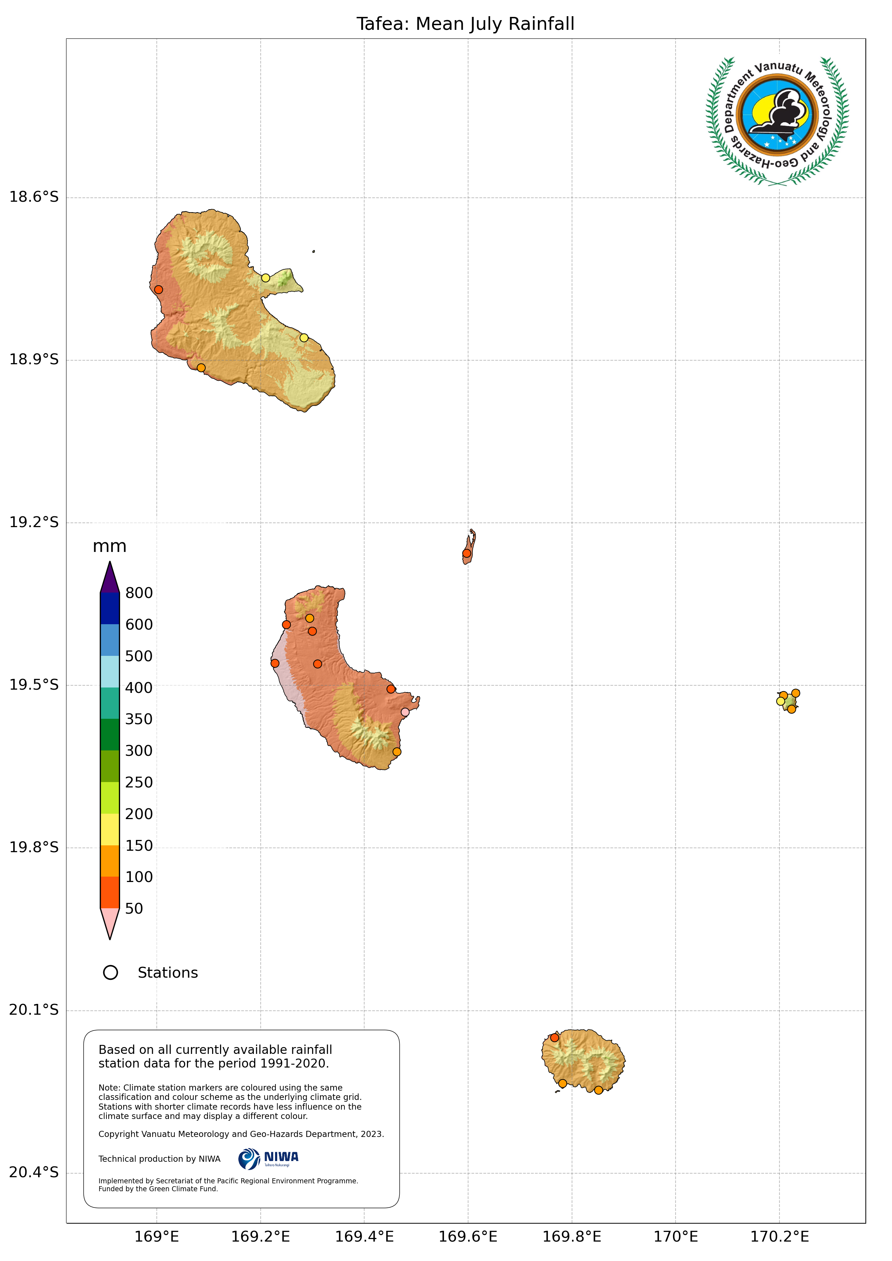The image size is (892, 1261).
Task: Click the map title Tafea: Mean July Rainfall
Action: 465,24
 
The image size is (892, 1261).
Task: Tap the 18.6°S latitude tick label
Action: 33,197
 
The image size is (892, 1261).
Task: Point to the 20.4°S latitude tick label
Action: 33,1172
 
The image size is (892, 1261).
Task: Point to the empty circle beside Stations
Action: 110,973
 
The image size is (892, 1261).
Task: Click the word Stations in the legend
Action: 168,973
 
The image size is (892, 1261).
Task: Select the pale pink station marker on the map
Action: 405,712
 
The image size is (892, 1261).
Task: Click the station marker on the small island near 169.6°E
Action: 466,553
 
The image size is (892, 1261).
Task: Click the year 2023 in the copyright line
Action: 371,1134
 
